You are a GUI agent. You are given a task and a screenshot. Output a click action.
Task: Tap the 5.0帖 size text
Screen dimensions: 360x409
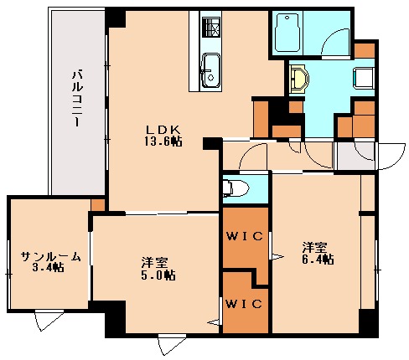click(x=158, y=275)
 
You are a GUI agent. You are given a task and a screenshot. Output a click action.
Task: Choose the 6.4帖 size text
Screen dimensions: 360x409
click(x=318, y=259)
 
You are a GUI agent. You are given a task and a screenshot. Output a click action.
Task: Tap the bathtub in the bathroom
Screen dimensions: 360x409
click(x=289, y=33)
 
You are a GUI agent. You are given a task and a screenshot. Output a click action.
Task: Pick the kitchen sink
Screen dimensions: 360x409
click(x=210, y=67)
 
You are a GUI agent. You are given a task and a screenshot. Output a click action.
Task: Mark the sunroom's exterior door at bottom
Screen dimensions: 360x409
click(x=47, y=321)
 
